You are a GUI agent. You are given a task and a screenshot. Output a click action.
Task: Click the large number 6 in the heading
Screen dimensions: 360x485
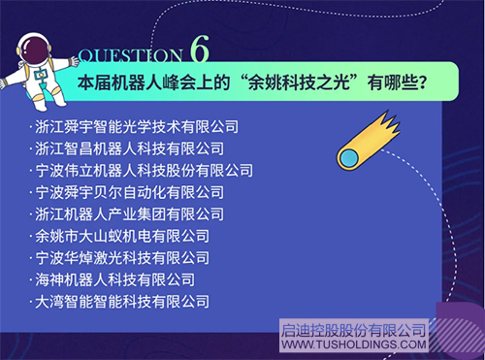200,49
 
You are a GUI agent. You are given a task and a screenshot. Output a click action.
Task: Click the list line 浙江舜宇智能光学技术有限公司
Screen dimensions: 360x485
136,127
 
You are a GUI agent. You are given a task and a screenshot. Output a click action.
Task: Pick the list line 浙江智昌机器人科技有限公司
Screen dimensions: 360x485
128,148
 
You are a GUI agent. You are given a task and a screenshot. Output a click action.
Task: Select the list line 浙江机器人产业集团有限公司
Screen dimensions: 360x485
128,213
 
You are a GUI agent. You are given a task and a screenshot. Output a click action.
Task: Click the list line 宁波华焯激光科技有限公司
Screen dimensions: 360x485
120,257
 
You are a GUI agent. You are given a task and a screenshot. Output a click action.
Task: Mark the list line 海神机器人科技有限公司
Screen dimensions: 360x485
113,279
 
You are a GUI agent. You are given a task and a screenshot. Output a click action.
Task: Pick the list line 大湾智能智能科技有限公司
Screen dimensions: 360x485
120,301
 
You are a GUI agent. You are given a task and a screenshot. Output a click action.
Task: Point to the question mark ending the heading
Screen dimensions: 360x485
424,82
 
